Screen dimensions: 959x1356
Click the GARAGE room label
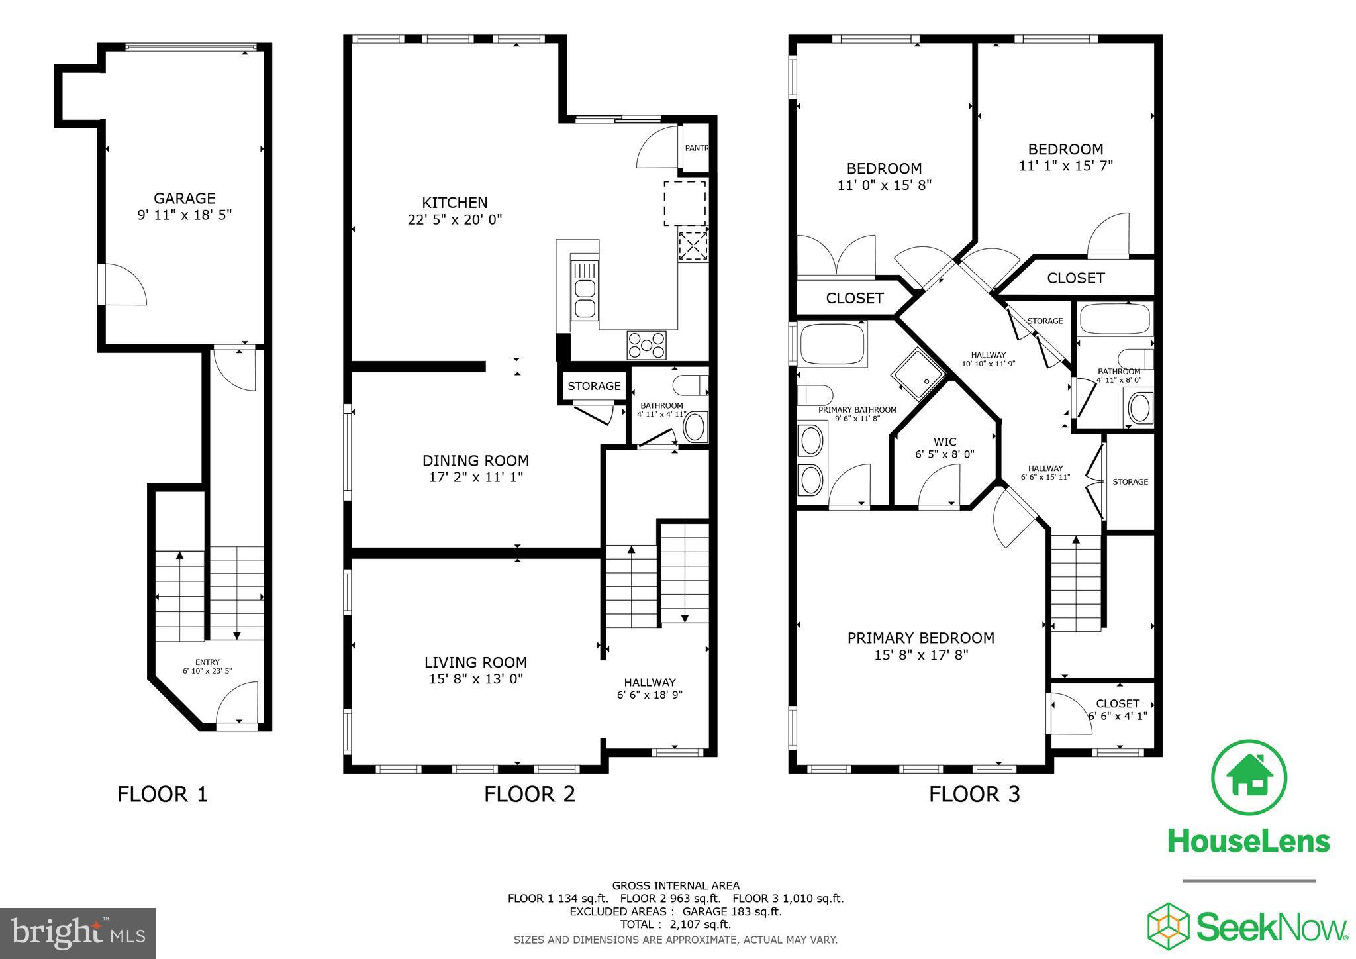pos(185,198)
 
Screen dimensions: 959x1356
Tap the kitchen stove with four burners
pos(647,345)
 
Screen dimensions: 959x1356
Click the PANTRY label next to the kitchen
pos(696,148)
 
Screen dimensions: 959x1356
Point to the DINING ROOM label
pos(475,460)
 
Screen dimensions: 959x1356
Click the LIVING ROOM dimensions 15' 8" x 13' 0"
pos(475,679)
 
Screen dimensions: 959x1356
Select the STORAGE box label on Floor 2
pos(594,386)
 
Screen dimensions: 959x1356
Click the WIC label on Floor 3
pos(945,442)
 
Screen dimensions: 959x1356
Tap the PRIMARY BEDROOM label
pos(920,638)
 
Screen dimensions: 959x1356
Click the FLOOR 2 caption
pos(529,793)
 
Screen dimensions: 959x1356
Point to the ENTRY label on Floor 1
pos(207,662)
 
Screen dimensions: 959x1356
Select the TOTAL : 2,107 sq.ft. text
pos(675,924)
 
